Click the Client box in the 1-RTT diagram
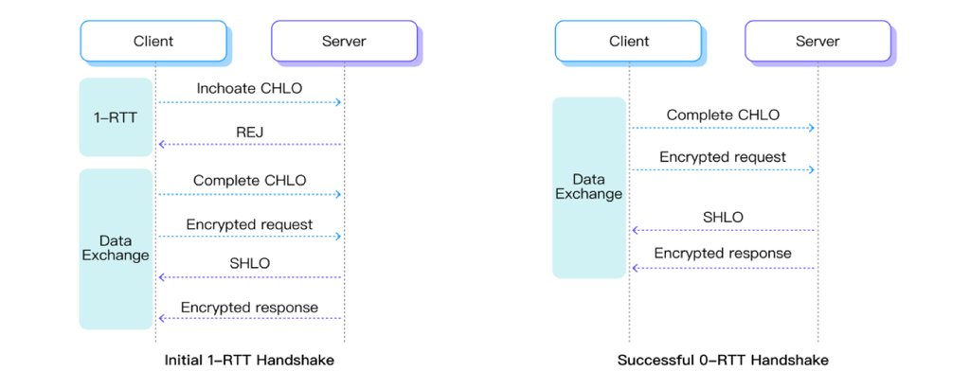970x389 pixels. [153, 42]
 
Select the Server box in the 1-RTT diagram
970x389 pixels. [344, 42]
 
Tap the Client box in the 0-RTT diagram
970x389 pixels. [629, 42]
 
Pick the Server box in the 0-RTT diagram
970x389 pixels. [817, 42]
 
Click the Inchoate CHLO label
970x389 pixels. [249, 88]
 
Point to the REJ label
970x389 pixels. [250, 132]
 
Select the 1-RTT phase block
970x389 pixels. [116, 116]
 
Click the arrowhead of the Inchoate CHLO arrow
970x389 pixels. [338, 102]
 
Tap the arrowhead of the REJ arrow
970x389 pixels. [162, 144]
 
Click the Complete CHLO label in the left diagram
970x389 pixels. [249, 181]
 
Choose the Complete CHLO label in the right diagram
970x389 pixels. [723, 115]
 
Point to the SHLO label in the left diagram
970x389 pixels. [250, 263]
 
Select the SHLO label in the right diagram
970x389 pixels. [723, 217]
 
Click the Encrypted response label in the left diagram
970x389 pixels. [249, 308]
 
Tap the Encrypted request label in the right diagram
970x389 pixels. [723, 157]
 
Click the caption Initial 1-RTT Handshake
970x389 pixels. [249, 360]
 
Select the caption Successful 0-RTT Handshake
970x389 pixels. [723, 360]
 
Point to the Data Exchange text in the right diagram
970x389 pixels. [588, 186]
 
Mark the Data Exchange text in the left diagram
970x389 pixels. [116, 248]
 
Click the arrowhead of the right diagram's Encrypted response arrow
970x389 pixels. [636, 268]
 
